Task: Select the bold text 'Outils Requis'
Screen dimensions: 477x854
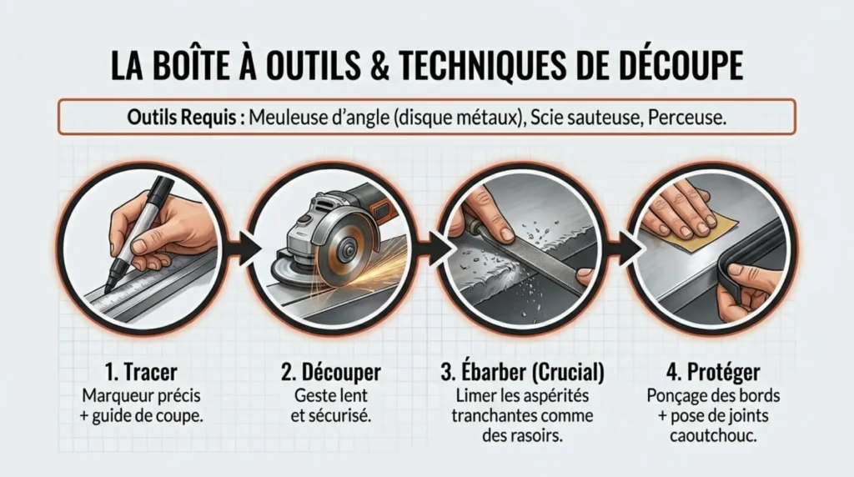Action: (186, 118)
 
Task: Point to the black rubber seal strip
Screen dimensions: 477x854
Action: (755, 250)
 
